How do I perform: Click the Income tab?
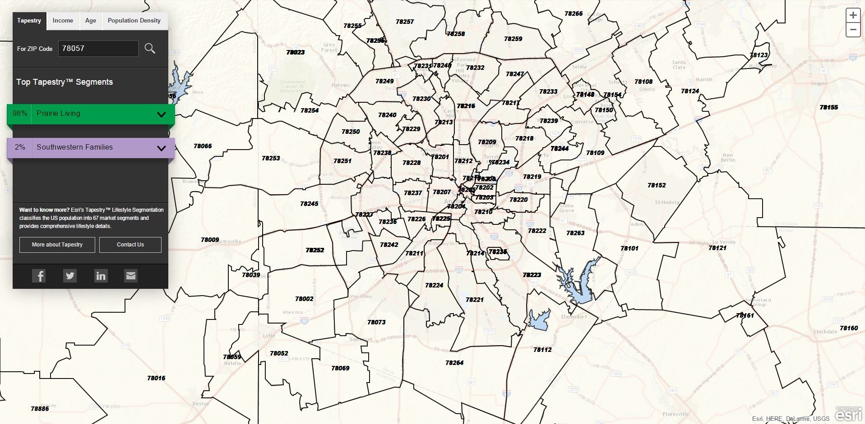tap(63, 21)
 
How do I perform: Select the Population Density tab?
tap(134, 21)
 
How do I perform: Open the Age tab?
tap(91, 21)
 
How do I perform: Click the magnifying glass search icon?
tap(150, 48)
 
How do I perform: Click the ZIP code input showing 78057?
tap(98, 49)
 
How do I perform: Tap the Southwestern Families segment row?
tap(90, 148)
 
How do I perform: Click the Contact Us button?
tap(130, 245)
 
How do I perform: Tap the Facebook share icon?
tap(39, 276)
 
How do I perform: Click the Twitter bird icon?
tap(70, 276)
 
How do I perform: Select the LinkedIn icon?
tap(101, 276)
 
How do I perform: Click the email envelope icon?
tap(130, 276)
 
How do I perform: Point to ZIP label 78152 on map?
tap(656, 185)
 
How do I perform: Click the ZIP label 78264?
tap(454, 363)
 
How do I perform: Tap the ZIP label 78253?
tap(271, 158)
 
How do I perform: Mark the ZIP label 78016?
tap(156, 378)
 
